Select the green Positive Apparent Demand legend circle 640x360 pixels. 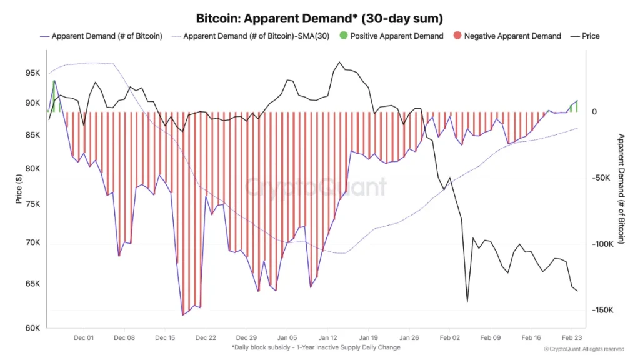click(343, 36)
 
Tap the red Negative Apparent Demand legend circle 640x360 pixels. click(457, 36)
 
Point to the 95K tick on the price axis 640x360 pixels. click(32, 72)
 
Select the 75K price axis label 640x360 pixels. click(32, 204)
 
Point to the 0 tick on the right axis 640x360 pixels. click(594, 112)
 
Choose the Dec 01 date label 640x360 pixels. click(83, 337)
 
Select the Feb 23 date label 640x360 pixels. click(572, 337)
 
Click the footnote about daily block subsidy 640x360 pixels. click(316, 347)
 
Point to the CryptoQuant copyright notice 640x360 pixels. click(584, 349)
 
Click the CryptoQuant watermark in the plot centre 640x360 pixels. click(316, 186)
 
